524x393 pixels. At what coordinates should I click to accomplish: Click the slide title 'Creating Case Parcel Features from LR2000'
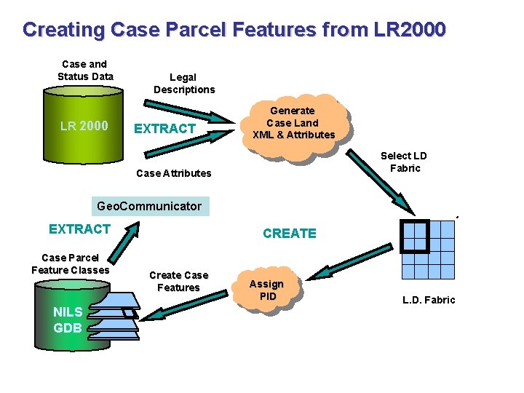click(x=234, y=30)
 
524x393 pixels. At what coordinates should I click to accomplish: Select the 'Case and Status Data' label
click(x=85, y=71)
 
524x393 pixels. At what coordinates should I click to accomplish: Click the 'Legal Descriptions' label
click(x=184, y=83)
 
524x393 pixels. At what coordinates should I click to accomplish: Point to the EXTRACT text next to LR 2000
click(x=164, y=129)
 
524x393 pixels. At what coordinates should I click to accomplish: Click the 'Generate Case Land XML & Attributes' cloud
click(x=293, y=123)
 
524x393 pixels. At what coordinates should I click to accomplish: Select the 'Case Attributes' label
click(x=174, y=173)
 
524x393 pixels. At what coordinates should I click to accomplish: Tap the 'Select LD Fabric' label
click(x=404, y=162)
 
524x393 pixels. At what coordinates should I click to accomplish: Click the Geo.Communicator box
click(x=151, y=206)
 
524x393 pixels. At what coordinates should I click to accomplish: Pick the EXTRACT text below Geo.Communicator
click(x=79, y=229)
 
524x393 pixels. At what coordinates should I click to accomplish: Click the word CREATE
click(x=290, y=234)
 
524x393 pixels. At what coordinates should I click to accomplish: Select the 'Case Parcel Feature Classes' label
click(x=70, y=264)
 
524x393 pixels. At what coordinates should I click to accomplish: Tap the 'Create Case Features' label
click(x=178, y=281)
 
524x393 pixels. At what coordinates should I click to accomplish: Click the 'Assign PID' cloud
click(x=267, y=290)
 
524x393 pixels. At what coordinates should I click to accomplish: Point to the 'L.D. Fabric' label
click(x=429, y=300)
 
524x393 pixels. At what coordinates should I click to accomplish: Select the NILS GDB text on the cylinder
click(x=67, y=319)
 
